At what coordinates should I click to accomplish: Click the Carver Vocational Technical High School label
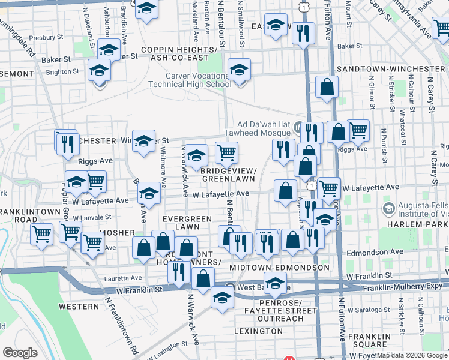point(198,80)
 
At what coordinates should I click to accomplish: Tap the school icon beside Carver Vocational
point(239,71)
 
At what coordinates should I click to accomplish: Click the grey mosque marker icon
point(299,127)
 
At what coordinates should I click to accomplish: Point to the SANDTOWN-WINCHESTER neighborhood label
point(390,69)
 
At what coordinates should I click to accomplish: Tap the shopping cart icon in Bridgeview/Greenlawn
point(226,152)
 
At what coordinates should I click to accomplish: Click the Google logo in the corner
point(20,352)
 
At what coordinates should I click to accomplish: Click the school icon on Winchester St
point(143,142)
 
